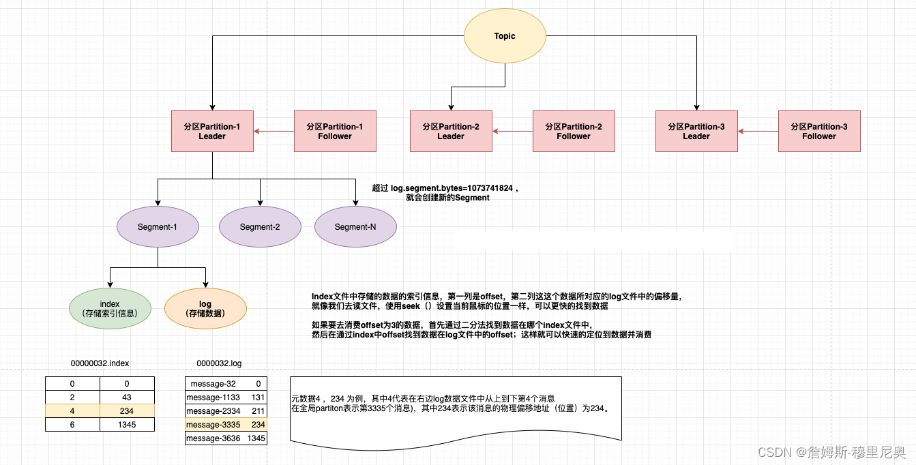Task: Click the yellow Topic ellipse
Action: [x=505, y=36]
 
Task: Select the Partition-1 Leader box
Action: [x=212, y=132]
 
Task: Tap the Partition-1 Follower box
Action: [x=335, y=132]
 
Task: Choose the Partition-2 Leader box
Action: [x=451, y=132]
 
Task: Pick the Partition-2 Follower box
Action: [x=574, y=132]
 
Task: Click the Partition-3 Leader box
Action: [x=696, y=132]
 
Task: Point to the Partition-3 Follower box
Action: [x=819, y=132]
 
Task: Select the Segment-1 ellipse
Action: [x=158, y=226]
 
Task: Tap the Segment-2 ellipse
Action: [x=260, y=227]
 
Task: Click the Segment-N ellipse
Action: [x=355, y=227]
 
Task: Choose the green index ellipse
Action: [x=110, y=308]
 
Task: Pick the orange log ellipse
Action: [x=205, y=308]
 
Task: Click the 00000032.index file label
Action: [x=100, y=363]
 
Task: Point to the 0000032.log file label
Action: [x=219, y=363]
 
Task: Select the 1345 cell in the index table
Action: [x=127, y=425]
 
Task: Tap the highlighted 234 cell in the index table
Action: [x=127, y=411]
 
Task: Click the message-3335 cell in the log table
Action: [x=213, y=425]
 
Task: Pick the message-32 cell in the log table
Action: [x=213, y=384]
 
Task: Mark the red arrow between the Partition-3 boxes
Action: [x=758, y=132]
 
